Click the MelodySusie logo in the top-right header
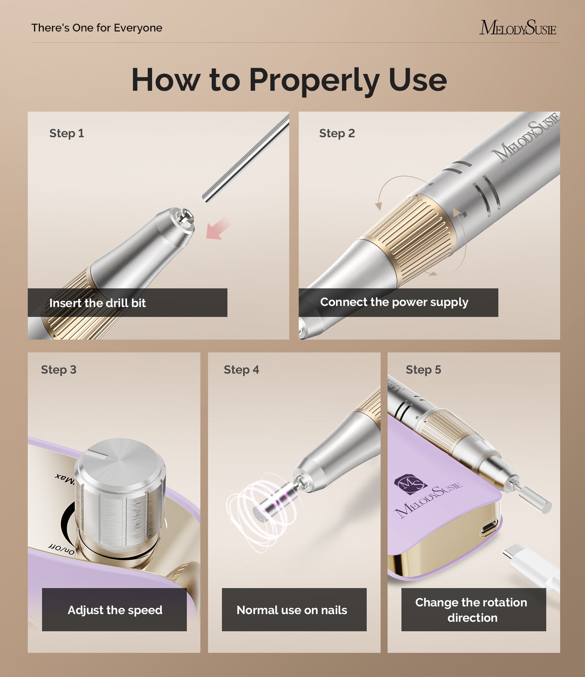coord(518,28)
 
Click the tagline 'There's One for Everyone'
coord(97,28)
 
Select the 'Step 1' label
coord(67,133)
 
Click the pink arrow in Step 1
coord(218,228)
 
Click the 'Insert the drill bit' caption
coord(97,303)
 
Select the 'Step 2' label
coord(337,133)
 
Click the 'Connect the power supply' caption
coord(394,302)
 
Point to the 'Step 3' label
coord(58,370)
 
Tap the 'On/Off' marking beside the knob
coord(61,549)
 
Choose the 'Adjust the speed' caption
coord(115,610)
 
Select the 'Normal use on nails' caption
coord(292,610)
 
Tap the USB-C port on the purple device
coord(490,528)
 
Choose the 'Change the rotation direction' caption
coord(472,610)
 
